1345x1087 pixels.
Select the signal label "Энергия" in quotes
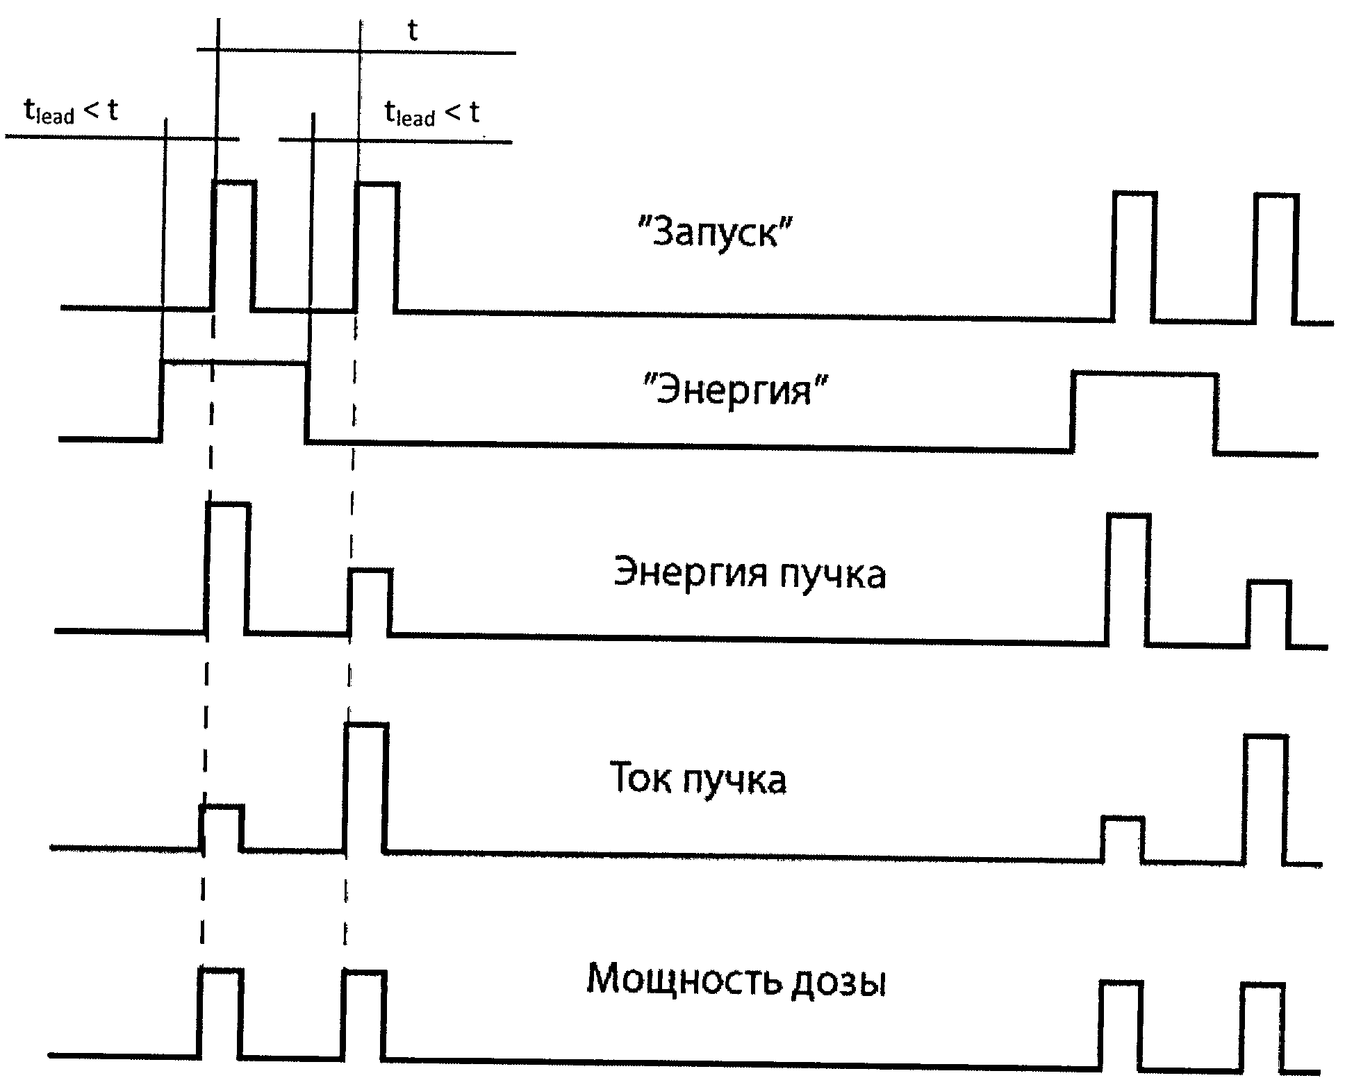pyautogui.click(x=735, y=390)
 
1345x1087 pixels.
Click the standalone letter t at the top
pyautogui.click(x=413, y=31)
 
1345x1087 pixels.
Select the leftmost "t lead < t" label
pyautogui.click(x=71, y=110)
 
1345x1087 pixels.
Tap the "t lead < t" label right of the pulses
pyautogui.click(x=431, y=113)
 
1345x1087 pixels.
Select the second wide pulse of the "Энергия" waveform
pyautogui.click(x=1144, y=413)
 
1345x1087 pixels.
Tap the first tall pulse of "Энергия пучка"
pyautogui.click(x=227, y=566)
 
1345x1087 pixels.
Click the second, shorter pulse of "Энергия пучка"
pyautogui.click(x=370, y=601)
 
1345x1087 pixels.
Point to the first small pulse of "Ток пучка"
pyautogui.click(x=222, y=827)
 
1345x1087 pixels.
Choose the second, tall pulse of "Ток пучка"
pyautogui.click(x=365, y=786)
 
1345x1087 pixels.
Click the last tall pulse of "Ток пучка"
pyautogui.click(x=1265, y=799)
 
